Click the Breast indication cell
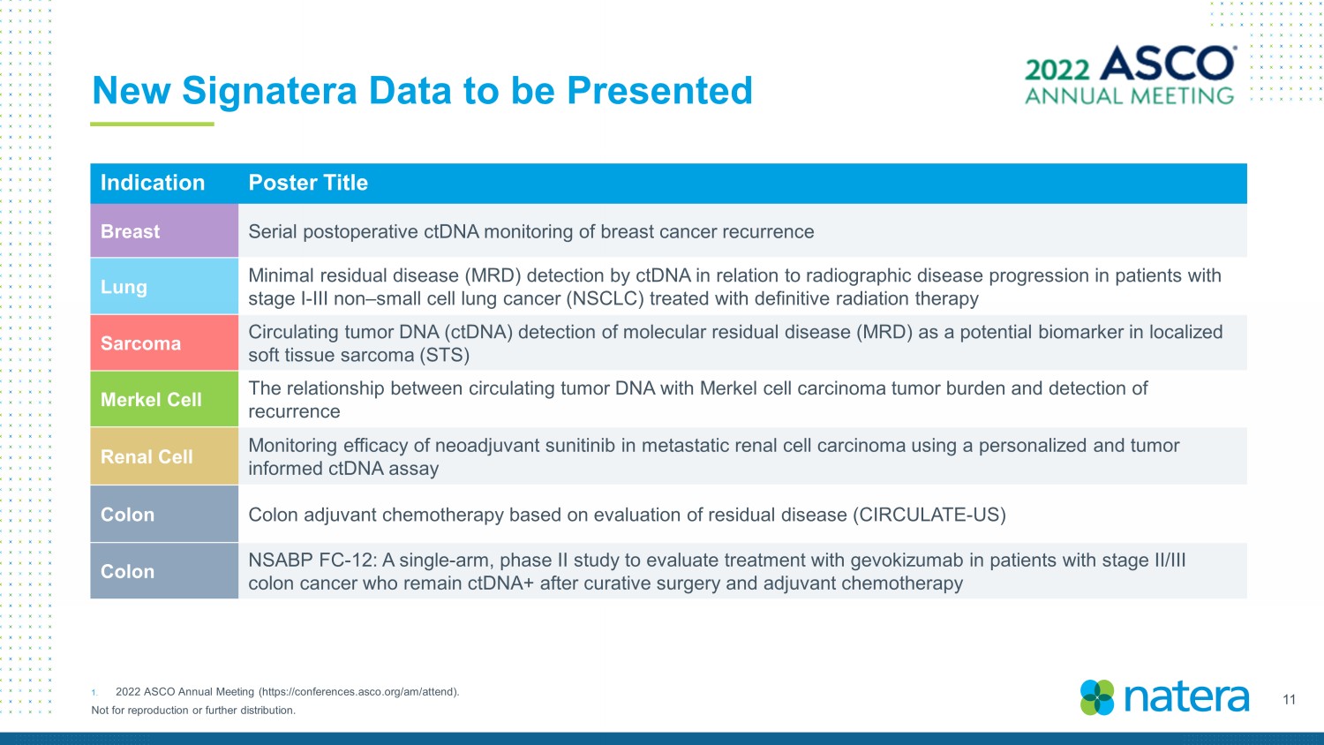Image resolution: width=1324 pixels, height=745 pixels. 164,230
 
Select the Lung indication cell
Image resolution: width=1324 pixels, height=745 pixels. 164,286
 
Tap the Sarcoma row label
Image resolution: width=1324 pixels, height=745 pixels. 140,343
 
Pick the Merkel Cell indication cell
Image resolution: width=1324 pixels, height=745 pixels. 164,399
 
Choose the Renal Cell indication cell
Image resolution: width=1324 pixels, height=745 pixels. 164,456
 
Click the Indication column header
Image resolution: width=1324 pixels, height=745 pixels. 153,183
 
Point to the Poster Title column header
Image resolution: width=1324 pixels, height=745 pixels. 308,183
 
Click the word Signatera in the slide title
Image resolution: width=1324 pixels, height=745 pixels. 269,91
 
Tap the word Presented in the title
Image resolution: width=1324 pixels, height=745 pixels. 659,90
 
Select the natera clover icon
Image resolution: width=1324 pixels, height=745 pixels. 1097,697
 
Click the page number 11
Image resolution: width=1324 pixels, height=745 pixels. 1289,700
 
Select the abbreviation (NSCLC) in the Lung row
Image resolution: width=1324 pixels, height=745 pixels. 605,298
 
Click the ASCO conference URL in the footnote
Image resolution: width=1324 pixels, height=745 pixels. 358,692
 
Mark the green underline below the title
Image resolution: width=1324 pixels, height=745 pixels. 152,124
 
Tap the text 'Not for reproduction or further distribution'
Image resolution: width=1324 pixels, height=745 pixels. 193,710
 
